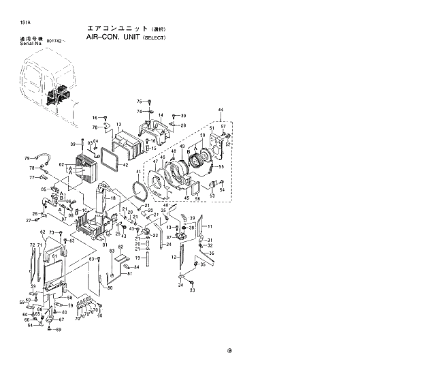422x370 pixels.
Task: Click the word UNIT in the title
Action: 128,37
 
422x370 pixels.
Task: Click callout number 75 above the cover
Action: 139,101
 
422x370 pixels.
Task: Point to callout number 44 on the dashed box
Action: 220,110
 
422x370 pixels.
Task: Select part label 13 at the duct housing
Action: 118,125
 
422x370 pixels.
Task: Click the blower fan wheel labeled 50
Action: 197,162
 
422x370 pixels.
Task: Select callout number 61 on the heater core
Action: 54,257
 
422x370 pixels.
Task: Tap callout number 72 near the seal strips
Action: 31,245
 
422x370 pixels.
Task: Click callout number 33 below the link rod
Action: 192,290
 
